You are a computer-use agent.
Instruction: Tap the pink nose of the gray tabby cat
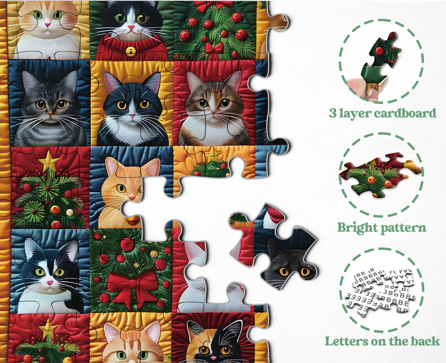(50, 113)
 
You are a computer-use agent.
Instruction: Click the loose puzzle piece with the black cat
(274, 247)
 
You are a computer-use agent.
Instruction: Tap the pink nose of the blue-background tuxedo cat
(50, 283)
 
